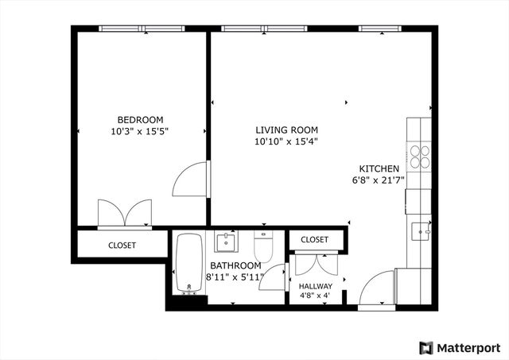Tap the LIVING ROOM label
[286, 130]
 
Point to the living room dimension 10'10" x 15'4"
[286, 142]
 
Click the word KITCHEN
[379, 168]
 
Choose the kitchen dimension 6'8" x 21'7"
[379, 180]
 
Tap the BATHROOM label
[235, 265]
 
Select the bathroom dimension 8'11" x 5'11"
[235, 277]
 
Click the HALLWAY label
[316, 286]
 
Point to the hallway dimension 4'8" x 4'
[316, 296]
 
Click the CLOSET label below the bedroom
[122, 246]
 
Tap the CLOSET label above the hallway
[315, 239]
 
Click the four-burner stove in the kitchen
[419, 155]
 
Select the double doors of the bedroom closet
[123, 213]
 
